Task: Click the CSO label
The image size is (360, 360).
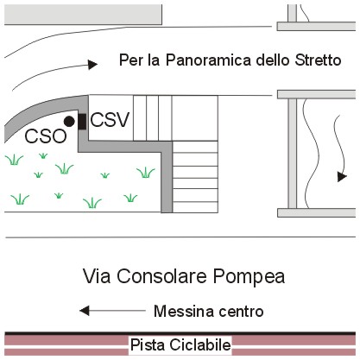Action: (x=46, y=136)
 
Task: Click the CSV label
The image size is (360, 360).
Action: (x=110, y=120)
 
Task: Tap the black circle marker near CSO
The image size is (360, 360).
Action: (x=69, y=122)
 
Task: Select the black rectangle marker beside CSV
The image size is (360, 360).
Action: (x=82, y=122)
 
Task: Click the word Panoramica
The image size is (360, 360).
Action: (x=209, y=60)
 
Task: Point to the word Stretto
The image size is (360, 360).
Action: (x=318, y=60)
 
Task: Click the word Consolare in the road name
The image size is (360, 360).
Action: (x=161, y=276)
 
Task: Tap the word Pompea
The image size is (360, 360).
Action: (x=249, y=277)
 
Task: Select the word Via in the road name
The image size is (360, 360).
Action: (x=97, y=276)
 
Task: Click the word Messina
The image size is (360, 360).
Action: (x=184, y=311)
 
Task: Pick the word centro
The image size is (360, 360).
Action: (x=241, y=312)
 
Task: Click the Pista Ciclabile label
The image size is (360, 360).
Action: (x=180, y=344)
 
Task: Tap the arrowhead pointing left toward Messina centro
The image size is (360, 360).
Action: (x=85, y=311)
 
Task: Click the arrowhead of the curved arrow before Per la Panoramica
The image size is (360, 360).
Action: (x=92, y=65)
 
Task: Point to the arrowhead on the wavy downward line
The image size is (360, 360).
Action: (x=342, y=177)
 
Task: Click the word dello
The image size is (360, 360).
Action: (x=273, y=60)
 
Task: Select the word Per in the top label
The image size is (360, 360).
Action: (x=130, y=60)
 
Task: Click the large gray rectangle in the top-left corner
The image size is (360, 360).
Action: (x=83, y=15)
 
